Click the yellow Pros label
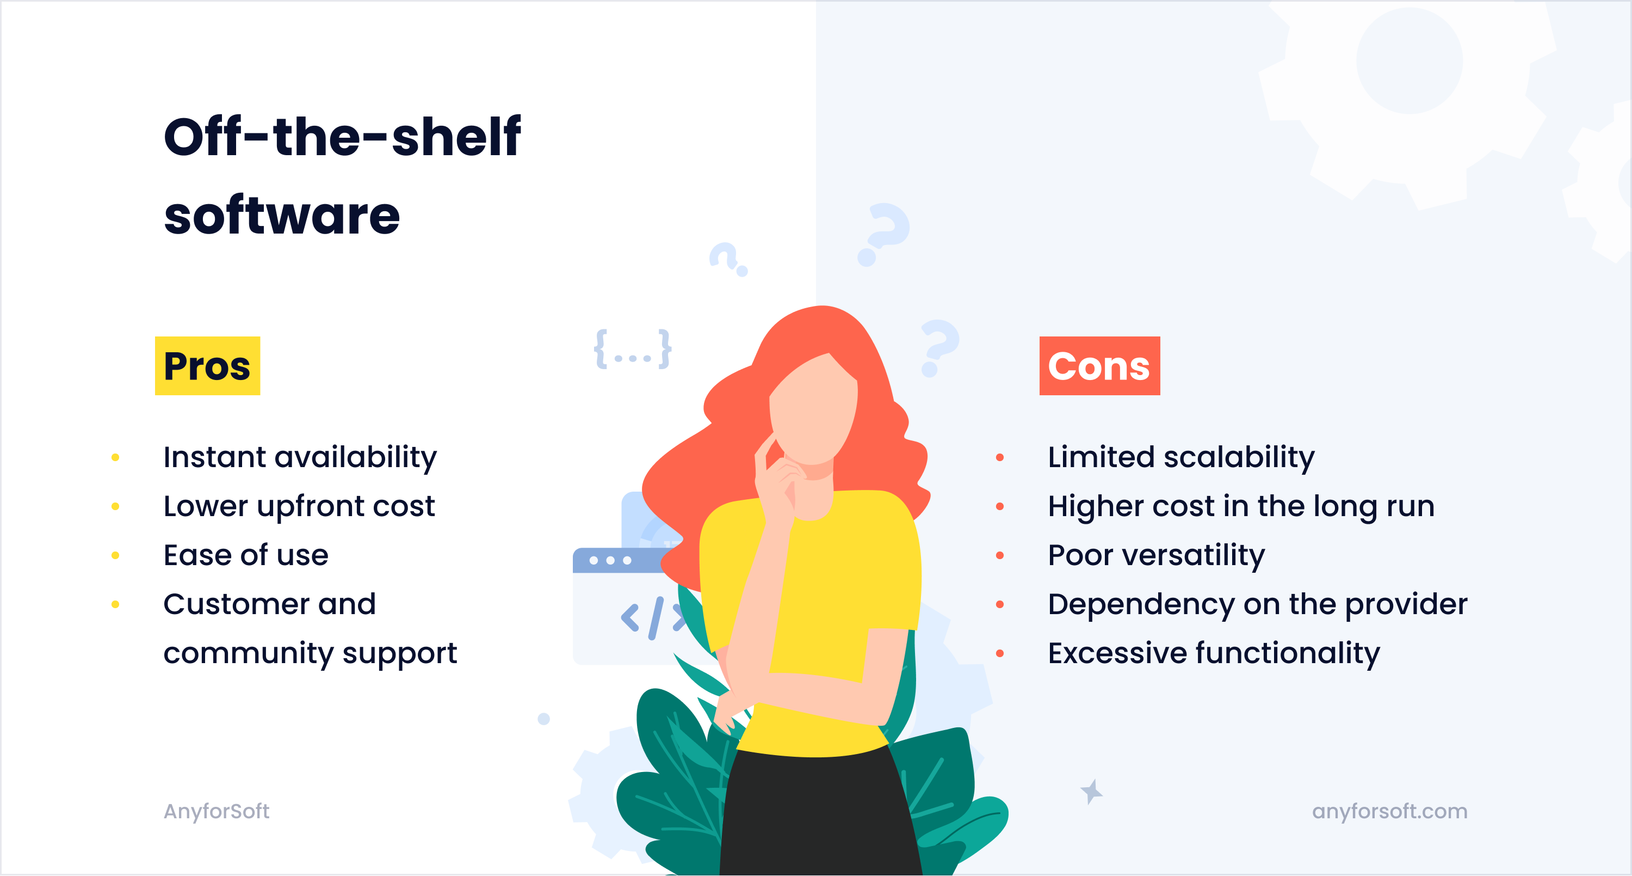point(207,366)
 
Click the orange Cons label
point(1099,366)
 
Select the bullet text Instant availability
point(300,457)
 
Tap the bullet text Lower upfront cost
point(299,506)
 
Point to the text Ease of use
point(246,555)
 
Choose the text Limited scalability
point(1181,457)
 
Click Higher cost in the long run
point(1240,506)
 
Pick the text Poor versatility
point(1156,555)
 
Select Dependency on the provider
point(1257,604)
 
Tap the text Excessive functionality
point(1213,653)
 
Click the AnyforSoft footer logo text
point(216,811)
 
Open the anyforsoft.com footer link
point(1389,811)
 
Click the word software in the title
point(282,216)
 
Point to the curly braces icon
point(632,348)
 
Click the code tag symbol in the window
point(653,617)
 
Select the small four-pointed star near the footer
point(1091,792)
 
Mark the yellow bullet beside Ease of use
point(115,556)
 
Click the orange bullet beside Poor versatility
point(1000,556)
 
